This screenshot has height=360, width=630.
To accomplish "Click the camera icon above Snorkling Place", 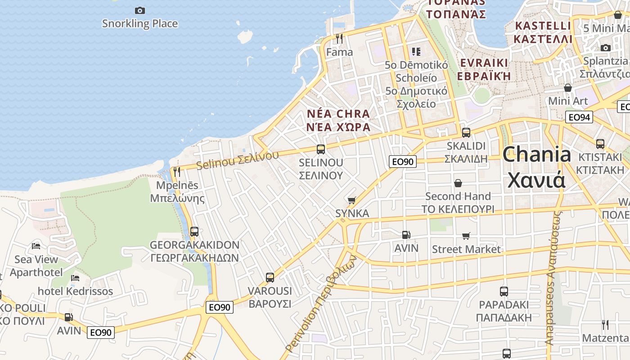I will [140, 10].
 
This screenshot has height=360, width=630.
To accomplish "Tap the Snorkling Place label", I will [140, 23].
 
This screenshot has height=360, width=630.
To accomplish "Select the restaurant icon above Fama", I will [339, 39].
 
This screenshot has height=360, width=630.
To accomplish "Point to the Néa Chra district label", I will [338, 120].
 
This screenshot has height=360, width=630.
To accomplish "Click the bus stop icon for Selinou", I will [321, 149].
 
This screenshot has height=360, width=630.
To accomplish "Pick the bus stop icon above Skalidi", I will [466, 133].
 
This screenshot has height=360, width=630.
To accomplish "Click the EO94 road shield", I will [579, 117].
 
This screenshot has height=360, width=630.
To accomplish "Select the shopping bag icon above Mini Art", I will [568, 88].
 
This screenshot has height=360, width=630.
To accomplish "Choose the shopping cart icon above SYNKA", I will [352, 200].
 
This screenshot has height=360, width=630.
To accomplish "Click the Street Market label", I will [466, 249].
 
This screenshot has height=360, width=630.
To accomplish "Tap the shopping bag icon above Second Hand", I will [458, 183].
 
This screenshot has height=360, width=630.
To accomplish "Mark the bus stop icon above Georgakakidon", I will [194, 232].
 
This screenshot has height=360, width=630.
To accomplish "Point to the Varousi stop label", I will [270, 297].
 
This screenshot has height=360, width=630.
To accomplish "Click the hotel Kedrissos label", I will [75, 291].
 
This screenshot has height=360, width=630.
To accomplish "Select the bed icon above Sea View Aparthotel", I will [36, 246].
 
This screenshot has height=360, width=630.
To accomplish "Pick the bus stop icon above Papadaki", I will [504, 291].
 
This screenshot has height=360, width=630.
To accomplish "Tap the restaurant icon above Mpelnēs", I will [177, 172].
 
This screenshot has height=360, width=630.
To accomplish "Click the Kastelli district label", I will [543, 32].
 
